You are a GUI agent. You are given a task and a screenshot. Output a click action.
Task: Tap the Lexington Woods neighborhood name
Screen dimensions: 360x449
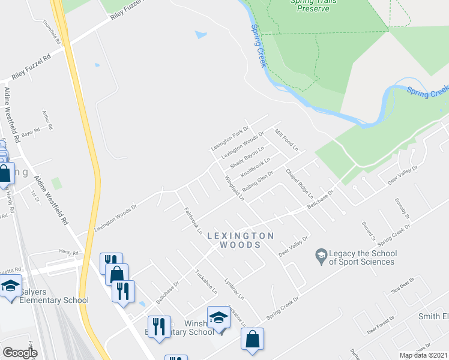(x=240, y=240)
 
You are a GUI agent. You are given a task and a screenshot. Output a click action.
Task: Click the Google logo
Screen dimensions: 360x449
(x=20, y=353)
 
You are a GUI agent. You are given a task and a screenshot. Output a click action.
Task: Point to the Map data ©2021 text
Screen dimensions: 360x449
(x=423, y=355)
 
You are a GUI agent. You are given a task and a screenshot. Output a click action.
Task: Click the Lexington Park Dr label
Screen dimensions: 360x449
(x=229, y=139)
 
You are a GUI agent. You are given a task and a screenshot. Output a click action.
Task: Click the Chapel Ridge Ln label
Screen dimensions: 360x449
(x=300, y=183)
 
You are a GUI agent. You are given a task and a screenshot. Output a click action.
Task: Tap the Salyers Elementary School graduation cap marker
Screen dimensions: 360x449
(x=10, y=286)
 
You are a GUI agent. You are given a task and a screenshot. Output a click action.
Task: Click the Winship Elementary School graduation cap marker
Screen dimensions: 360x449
(x=218, y=317)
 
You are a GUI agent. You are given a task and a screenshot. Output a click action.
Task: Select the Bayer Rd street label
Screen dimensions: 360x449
(x=30, y=133)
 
